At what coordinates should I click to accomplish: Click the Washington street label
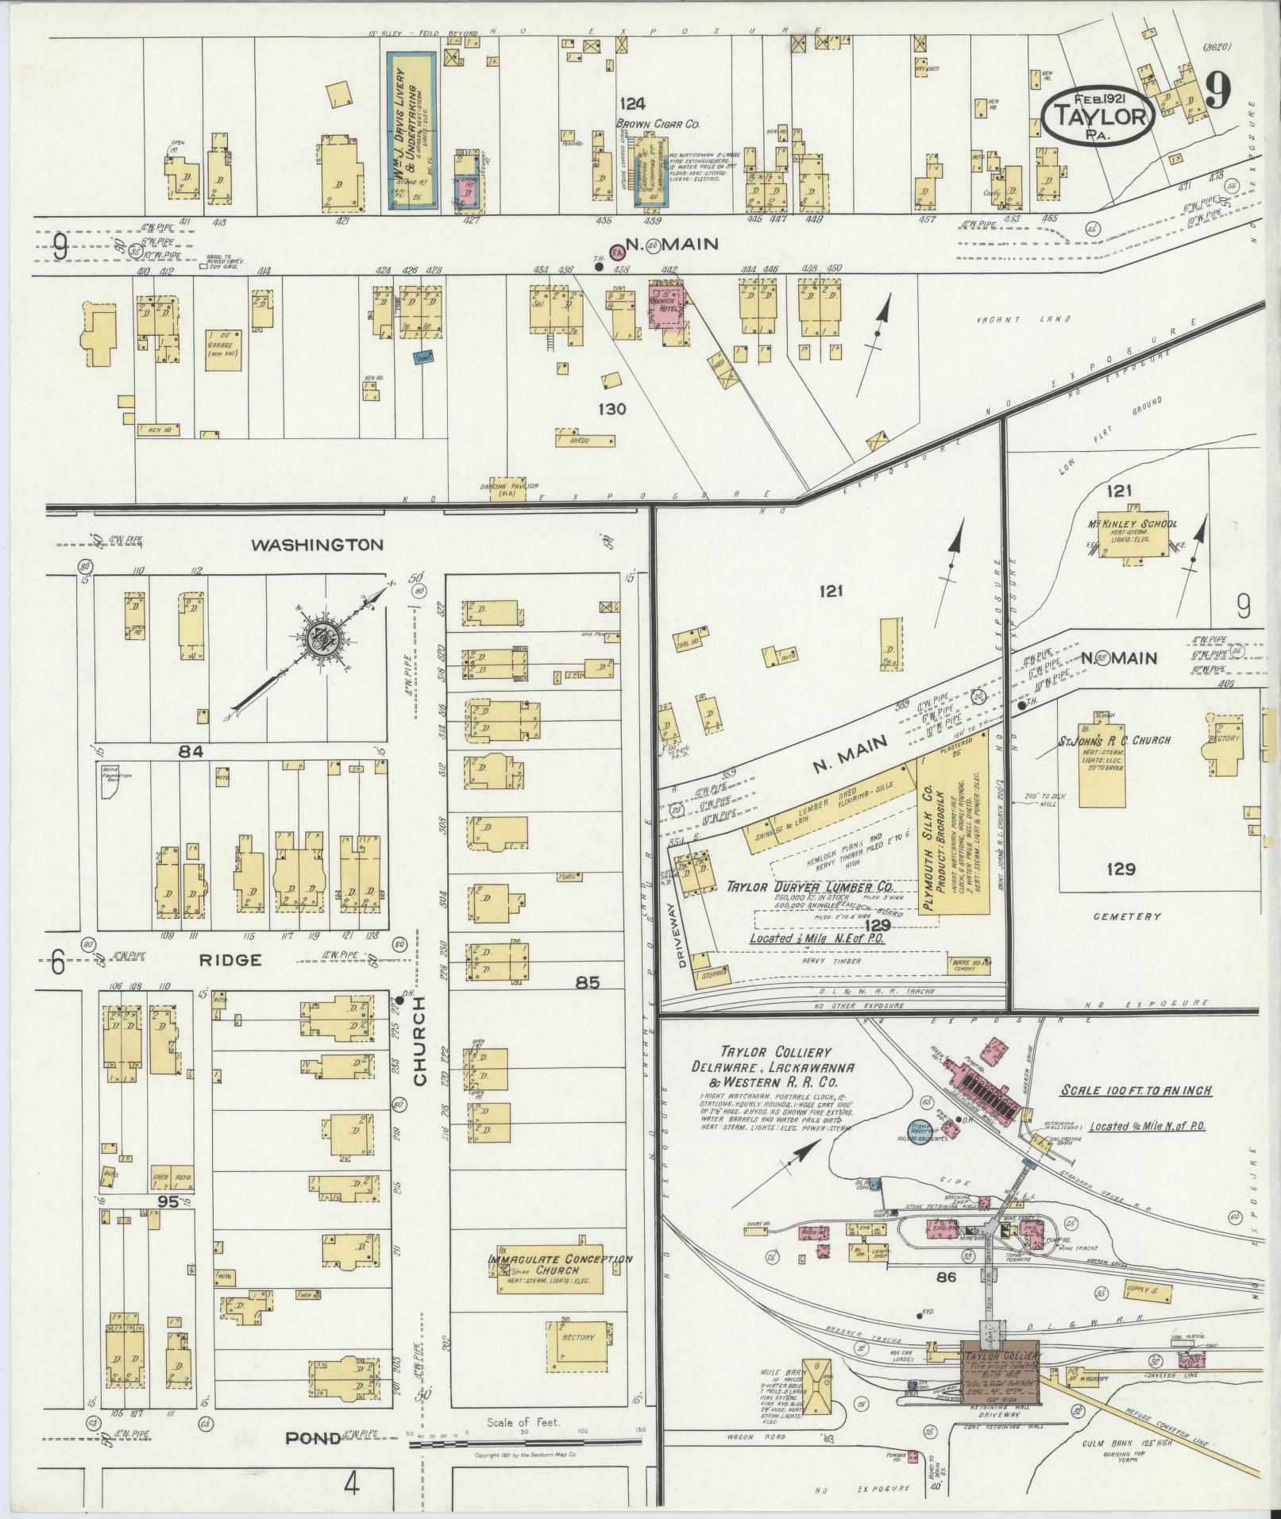(x=317, y=545)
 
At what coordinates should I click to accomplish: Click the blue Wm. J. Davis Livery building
(x=411, y=131)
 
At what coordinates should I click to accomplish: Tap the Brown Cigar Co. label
(x=658, y=125)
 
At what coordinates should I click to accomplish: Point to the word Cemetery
(x=1127, y=916)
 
